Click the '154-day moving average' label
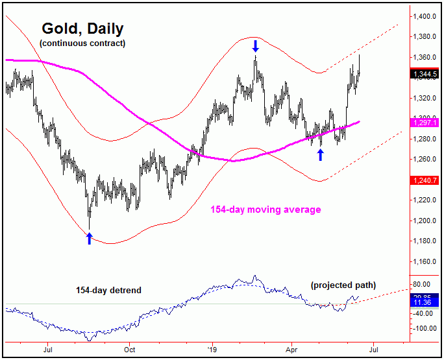[x=265, y=210]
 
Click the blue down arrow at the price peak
[x=256, y=45]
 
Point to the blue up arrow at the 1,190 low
[x=89, y=238]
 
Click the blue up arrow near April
[x=320, y=154]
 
